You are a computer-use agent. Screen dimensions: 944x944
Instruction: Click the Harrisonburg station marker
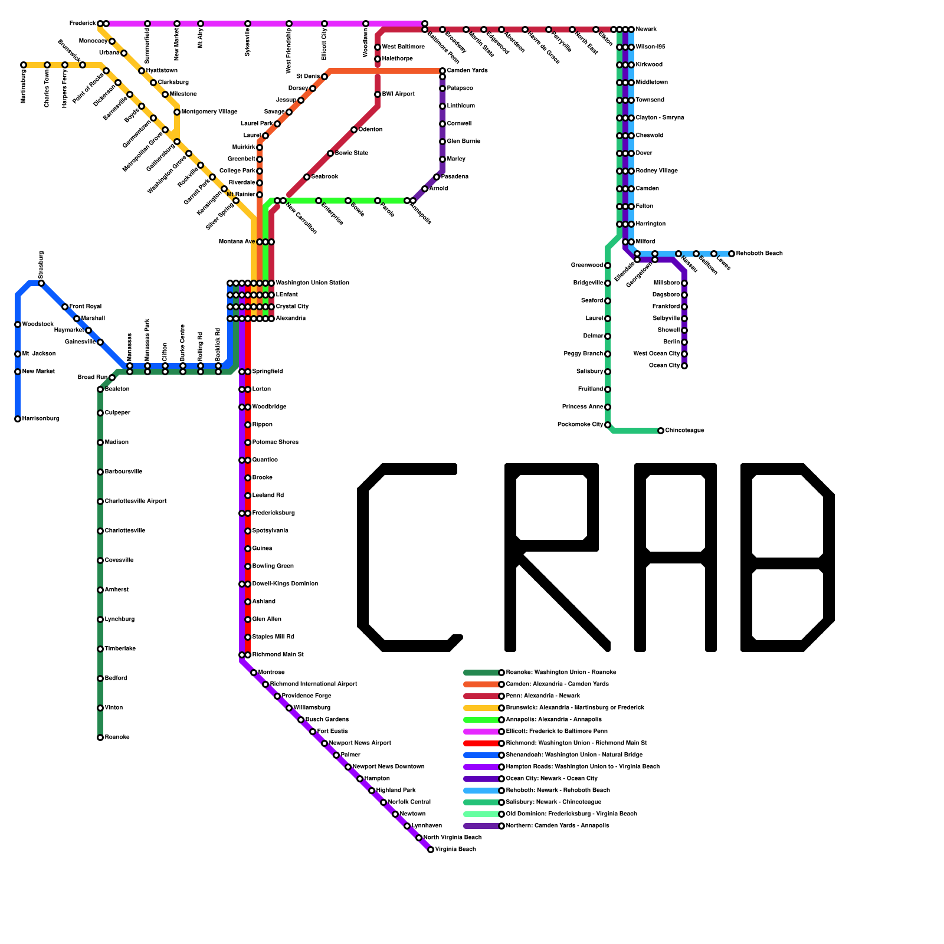18,419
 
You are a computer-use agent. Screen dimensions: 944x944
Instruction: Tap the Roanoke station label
117,737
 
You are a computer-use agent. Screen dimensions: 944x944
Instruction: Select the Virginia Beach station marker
431,850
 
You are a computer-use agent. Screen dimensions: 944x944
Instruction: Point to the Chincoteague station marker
661,431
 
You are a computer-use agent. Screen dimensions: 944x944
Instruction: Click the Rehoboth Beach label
759,254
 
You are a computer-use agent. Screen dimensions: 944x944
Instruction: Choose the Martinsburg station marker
24,65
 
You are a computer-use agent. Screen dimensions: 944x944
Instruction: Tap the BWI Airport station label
398,94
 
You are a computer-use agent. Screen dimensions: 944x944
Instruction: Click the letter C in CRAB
407,558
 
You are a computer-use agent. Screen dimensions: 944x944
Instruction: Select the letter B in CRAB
788,558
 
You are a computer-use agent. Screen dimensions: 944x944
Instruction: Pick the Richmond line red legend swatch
481,743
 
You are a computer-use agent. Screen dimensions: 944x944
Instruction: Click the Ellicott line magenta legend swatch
481,732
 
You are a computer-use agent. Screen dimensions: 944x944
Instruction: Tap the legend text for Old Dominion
571,814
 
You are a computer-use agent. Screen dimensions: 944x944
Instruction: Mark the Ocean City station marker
684,366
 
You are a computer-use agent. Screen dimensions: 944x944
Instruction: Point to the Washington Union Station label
312,283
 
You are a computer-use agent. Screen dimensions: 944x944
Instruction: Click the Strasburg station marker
41,283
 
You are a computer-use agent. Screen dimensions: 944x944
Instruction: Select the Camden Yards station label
467,71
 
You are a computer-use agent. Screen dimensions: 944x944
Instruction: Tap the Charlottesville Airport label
136,501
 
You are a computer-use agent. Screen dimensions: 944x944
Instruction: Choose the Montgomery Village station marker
177,112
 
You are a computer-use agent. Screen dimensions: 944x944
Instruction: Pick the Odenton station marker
354,130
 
